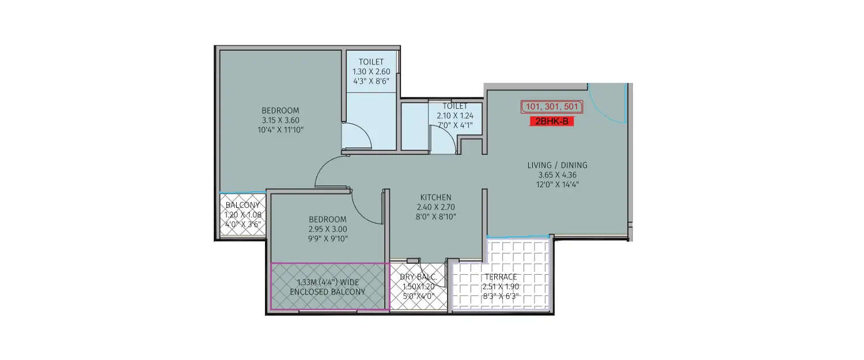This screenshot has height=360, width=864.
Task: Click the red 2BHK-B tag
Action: [x=552, y=122]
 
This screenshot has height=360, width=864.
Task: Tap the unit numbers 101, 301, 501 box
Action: [x=552, y=107]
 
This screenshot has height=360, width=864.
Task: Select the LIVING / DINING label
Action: [x=557, y=165]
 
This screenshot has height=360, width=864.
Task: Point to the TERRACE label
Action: [x=501, y=277]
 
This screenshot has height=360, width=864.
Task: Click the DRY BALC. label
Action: [x=418, y=278]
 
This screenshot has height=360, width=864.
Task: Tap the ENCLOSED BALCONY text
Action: [x=327, y=292]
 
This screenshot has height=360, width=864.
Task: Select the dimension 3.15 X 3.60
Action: [x=281, y=120]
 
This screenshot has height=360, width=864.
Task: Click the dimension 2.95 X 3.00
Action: [x=327, y=229]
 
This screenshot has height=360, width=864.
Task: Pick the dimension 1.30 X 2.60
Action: [x=371, y=71]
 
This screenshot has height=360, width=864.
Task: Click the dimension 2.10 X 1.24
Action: [x=455, y=115]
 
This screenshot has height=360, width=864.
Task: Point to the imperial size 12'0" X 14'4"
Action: [x=557, y=184]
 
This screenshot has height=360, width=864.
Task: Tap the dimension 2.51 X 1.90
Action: [x=501, y=286]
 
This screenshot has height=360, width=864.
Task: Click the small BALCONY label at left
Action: [x=242, y=205]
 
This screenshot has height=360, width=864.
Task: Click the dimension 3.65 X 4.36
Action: [x=557, y=175]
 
